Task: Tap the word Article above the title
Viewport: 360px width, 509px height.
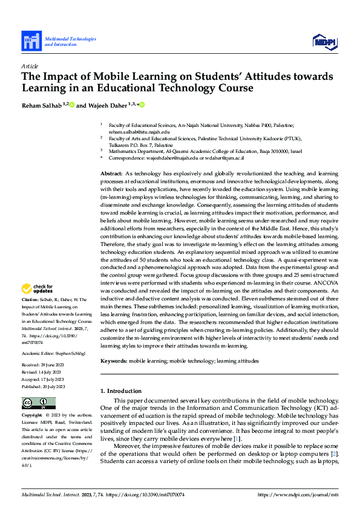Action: tap(30, 66)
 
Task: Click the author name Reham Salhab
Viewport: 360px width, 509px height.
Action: tap(42, 105)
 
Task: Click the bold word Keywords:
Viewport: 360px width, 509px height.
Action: tap(114, 360)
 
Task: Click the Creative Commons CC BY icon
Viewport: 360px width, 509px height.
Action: tap(39, 403)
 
